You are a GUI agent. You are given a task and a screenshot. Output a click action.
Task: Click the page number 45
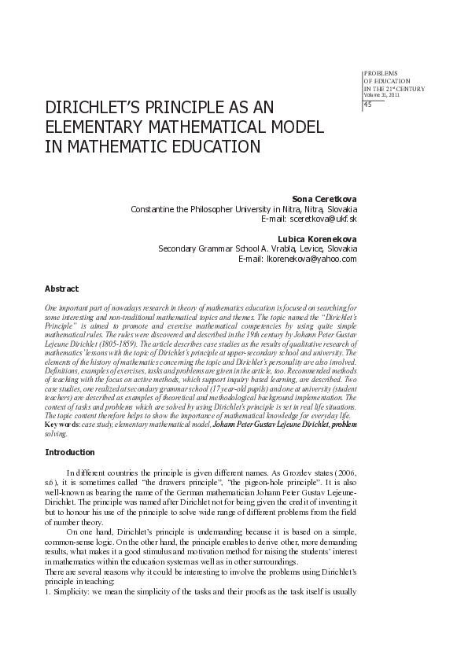(368, 107)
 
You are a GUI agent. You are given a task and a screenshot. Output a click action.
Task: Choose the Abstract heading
(61, 289)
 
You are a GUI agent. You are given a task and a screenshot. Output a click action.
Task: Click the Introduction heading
(70, 453)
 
